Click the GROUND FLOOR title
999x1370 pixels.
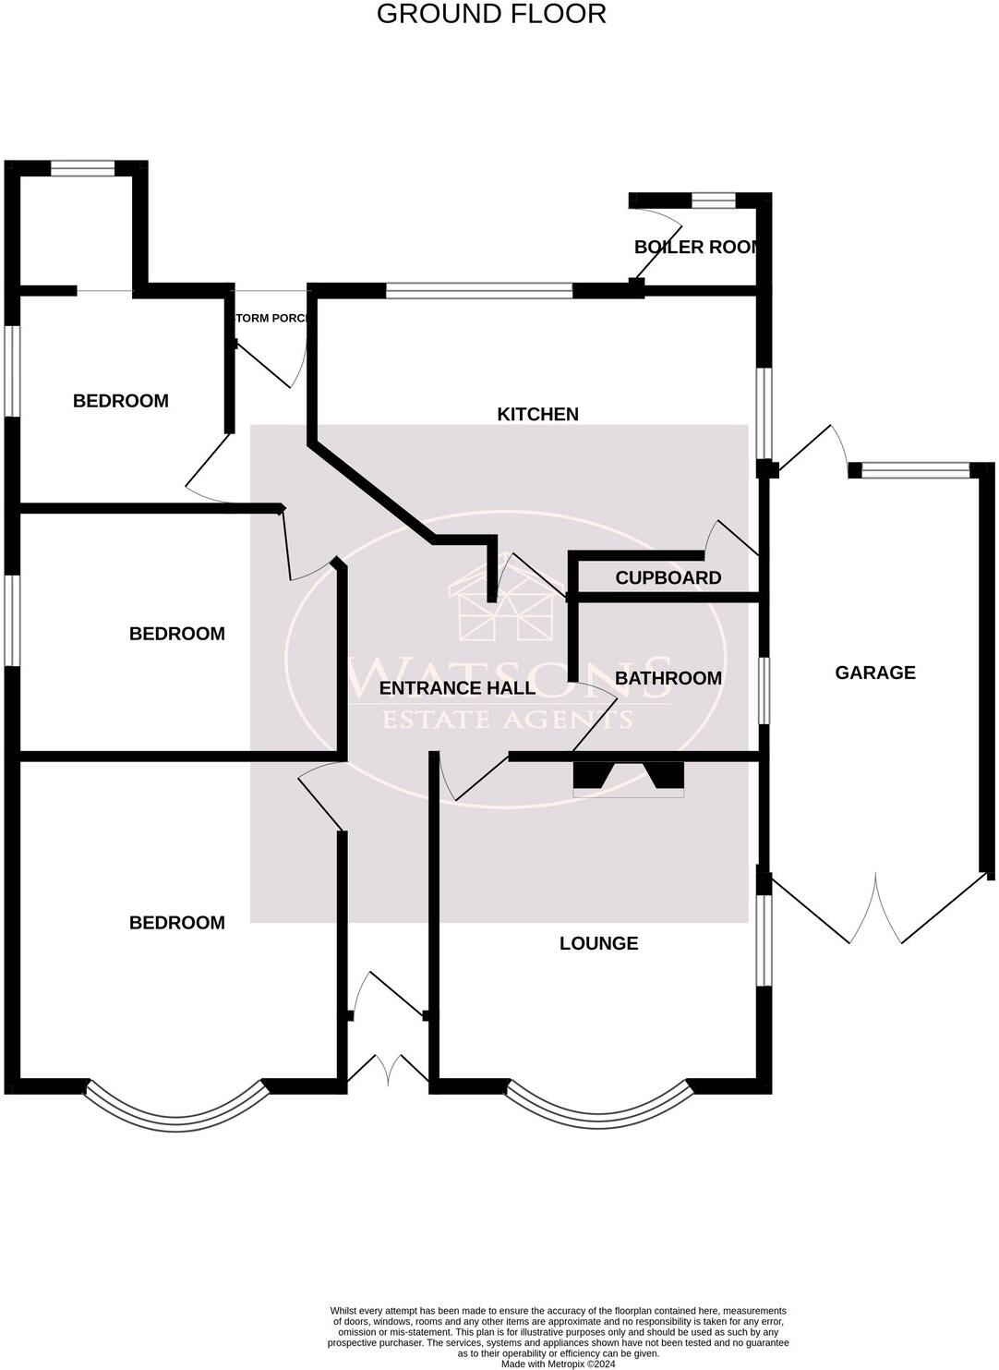[x=491, y=15]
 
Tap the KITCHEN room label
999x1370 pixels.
[x=537, y=414]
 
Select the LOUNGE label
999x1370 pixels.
[x=598, y=943]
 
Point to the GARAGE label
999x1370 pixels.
[x=874, y=673]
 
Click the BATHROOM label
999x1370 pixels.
[x=668, y=678]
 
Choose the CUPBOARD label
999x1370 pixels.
[x=668, y=578]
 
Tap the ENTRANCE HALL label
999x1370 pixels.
[x=457, y=688]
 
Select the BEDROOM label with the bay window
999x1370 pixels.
[x=176, y=923]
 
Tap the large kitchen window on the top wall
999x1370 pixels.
[x=478, y=291]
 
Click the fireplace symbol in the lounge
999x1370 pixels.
[x=628, y=777]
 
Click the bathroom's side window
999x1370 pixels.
[x=764, y=690]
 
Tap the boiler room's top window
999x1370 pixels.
[x=713, y=200]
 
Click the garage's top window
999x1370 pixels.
[x=915, y=470]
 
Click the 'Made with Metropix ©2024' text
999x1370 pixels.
[x=558, y=1364]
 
